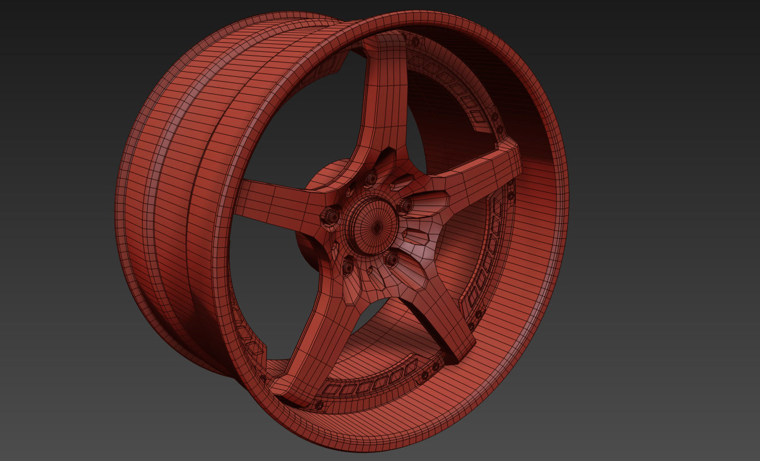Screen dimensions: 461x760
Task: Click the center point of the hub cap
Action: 376,227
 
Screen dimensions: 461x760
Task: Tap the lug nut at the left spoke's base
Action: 331,215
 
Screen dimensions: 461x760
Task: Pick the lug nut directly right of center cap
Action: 405,206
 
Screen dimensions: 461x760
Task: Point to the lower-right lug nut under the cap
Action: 391,258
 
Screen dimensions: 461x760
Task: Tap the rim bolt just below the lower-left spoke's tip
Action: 319,405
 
